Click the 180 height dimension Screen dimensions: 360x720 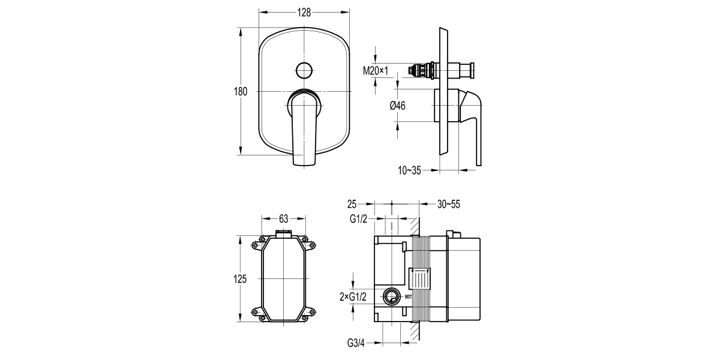coord(241,92)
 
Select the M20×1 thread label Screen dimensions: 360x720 coord(376,71)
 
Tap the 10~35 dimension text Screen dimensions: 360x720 coord(409,170)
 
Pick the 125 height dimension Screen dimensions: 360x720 coord(241,279)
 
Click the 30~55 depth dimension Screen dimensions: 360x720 coord(448,205)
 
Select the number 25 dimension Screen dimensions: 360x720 coord(352,205)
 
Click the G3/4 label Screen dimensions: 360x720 coord(356,343)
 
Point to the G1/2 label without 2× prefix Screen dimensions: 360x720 coord(359,219)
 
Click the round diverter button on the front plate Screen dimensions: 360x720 coord(304,70)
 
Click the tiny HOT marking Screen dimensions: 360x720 coord(408,296)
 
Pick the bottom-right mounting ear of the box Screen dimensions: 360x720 coord(311,313)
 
